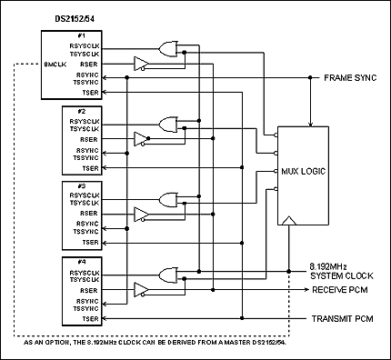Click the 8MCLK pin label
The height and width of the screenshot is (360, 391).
click(56, 65)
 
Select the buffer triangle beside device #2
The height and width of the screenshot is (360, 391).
click(141, 139)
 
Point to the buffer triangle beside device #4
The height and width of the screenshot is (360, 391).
click(141, 291)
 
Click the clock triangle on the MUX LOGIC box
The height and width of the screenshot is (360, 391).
click(288, 221)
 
